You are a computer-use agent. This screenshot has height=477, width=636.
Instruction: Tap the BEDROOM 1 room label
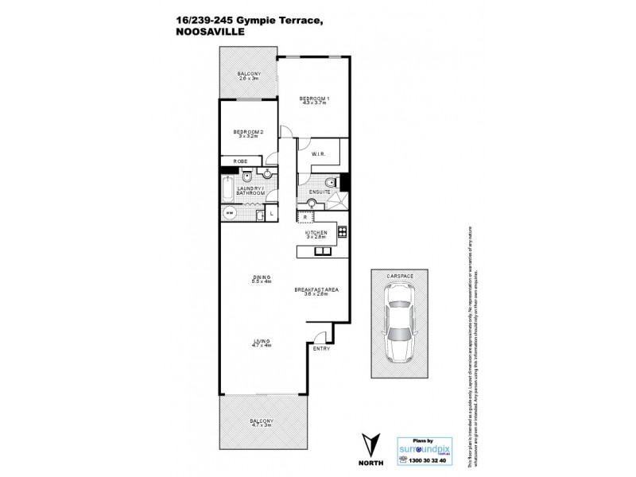coord(314,99)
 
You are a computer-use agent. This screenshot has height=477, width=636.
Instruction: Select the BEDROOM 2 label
coord(248,132)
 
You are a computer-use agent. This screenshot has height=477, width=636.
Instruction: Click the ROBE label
coord(240,161)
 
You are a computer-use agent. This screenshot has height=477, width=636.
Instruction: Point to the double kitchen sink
coord(323,252)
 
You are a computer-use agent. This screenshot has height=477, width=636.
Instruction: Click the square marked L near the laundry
coord(271,213)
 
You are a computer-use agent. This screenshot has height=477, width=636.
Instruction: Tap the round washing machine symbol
coord(231,213)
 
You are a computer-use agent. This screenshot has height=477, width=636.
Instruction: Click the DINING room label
coord(262,278)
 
